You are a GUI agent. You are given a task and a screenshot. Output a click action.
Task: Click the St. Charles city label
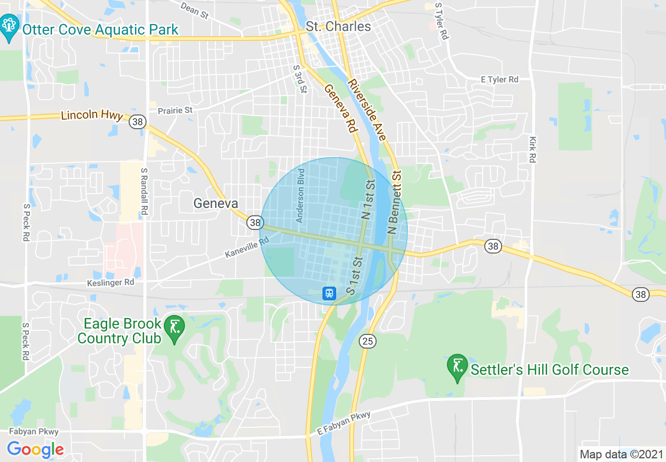(x=338, y=26)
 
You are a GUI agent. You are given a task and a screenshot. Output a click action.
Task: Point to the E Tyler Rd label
(x=499, y=79)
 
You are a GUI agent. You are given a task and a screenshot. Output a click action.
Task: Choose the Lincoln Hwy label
(x=92, y=115)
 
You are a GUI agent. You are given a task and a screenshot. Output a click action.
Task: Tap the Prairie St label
(x=175, y=110)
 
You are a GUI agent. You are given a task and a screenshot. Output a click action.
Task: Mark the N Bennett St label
(x=395, y=202)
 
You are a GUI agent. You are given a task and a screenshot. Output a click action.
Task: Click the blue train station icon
(x=329, y=293)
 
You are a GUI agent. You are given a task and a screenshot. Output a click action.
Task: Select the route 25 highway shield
(x=368, y=342)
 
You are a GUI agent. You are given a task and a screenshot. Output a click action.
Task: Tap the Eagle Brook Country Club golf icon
(x=174, y=327)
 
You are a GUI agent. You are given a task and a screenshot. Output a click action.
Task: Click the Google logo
(x=35, y=450)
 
